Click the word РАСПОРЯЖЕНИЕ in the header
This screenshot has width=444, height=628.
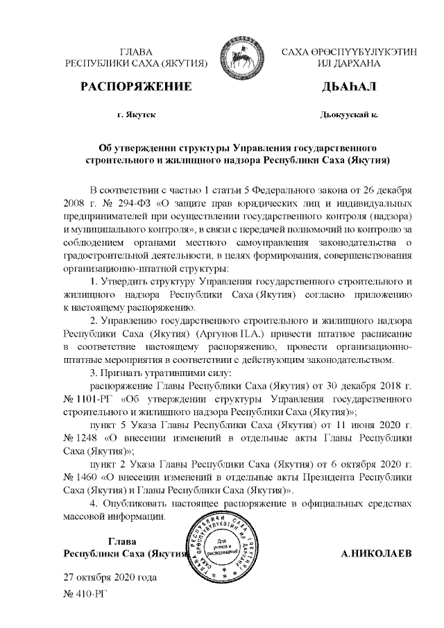coord(136,87)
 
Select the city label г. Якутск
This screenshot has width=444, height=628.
coord(137,115)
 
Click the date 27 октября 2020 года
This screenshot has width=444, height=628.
coord(110,577)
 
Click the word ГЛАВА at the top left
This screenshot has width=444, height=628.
coord(136,52)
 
